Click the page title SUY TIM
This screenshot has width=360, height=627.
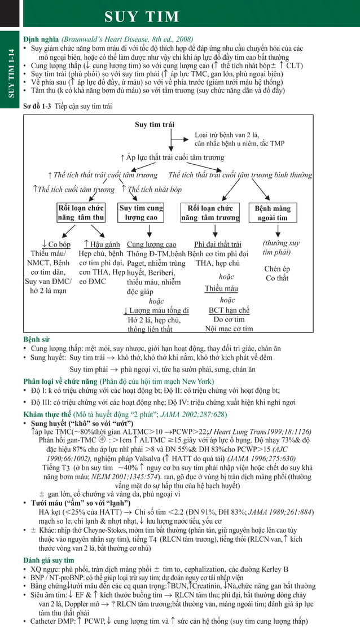pos(142,17)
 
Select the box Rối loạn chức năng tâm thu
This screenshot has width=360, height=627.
pos(81,213)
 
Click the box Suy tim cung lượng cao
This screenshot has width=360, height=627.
pos(141,213)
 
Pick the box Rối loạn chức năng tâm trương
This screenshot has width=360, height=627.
pos(210,213)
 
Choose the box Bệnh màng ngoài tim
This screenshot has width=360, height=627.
pos(273,213)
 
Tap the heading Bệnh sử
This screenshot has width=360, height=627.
pos(36,340)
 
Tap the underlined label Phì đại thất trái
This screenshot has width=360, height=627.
pos(217,244)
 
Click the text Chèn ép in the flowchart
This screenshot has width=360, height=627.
pos(277,269)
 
